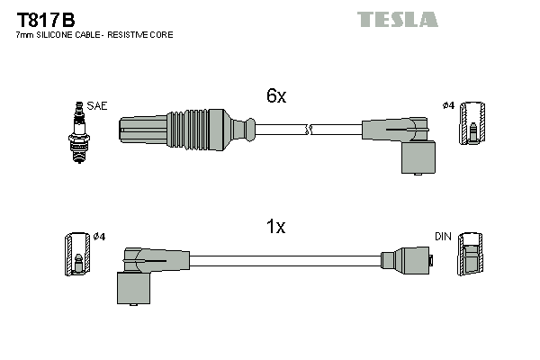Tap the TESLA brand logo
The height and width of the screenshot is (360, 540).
tap(397, 19)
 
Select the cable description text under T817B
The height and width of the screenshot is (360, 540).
tap(94, 35)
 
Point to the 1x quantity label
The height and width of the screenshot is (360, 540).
tap(276, 227)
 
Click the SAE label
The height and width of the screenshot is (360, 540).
tap(96, 106)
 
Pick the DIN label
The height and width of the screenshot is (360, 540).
tap(442, 237)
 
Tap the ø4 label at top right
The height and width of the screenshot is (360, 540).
tap(447, 106)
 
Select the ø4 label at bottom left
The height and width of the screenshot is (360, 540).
tap(99, 237)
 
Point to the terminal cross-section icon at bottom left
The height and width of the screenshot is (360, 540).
tap(76, 255)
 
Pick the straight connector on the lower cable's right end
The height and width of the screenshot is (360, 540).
tap(408, 260)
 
